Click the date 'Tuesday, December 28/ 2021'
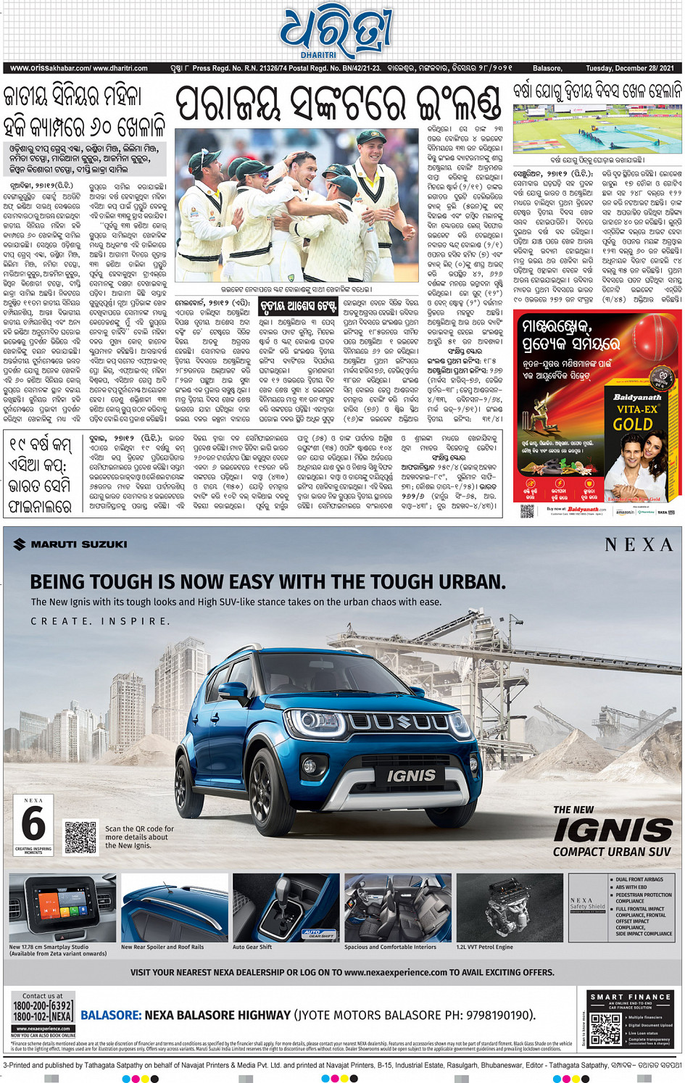click(x=629, y=68)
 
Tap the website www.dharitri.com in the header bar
click(x=120, y=68)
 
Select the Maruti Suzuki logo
click(x=70, y=544)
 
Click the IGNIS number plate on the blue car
click(x=411, y=776)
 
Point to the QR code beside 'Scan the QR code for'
click(x=80, y=837)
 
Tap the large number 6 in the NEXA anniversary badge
click(x=33, y=824)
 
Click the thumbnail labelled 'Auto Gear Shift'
click(x=286, y=907)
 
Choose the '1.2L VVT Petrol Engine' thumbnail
click(x=510, y=907)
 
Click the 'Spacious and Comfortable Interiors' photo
click(x=397, y=907)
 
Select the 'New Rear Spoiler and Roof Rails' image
click(x=174, y=907)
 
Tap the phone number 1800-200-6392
click(x=43, y=1005)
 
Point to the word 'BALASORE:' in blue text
click(x=111, y=1015)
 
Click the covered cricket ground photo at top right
click(x=597, y=129)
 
